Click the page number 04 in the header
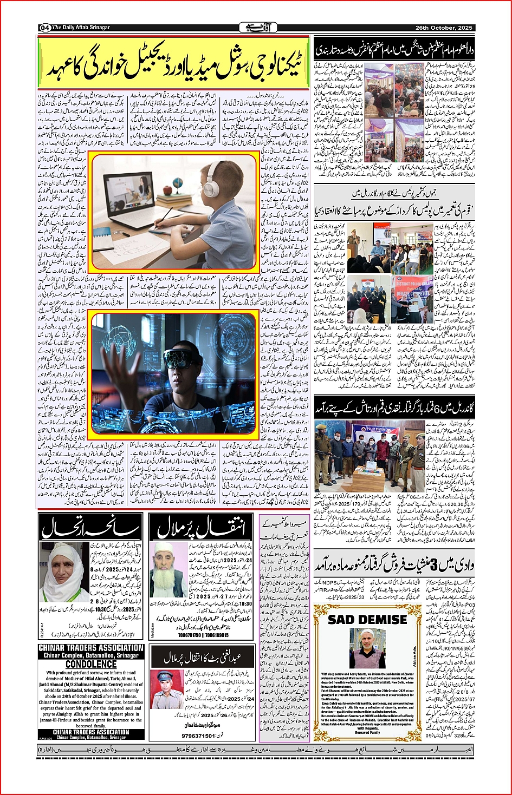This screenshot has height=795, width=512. click(x=44, y=28)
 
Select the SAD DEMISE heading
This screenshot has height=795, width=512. click(x=367, y=619)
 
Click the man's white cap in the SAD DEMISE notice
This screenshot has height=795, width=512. click(x=367, y=632)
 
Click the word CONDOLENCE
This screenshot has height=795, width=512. click(x=91, y=664)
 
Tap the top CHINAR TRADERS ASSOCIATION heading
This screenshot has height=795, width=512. click(x=91, y=648)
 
